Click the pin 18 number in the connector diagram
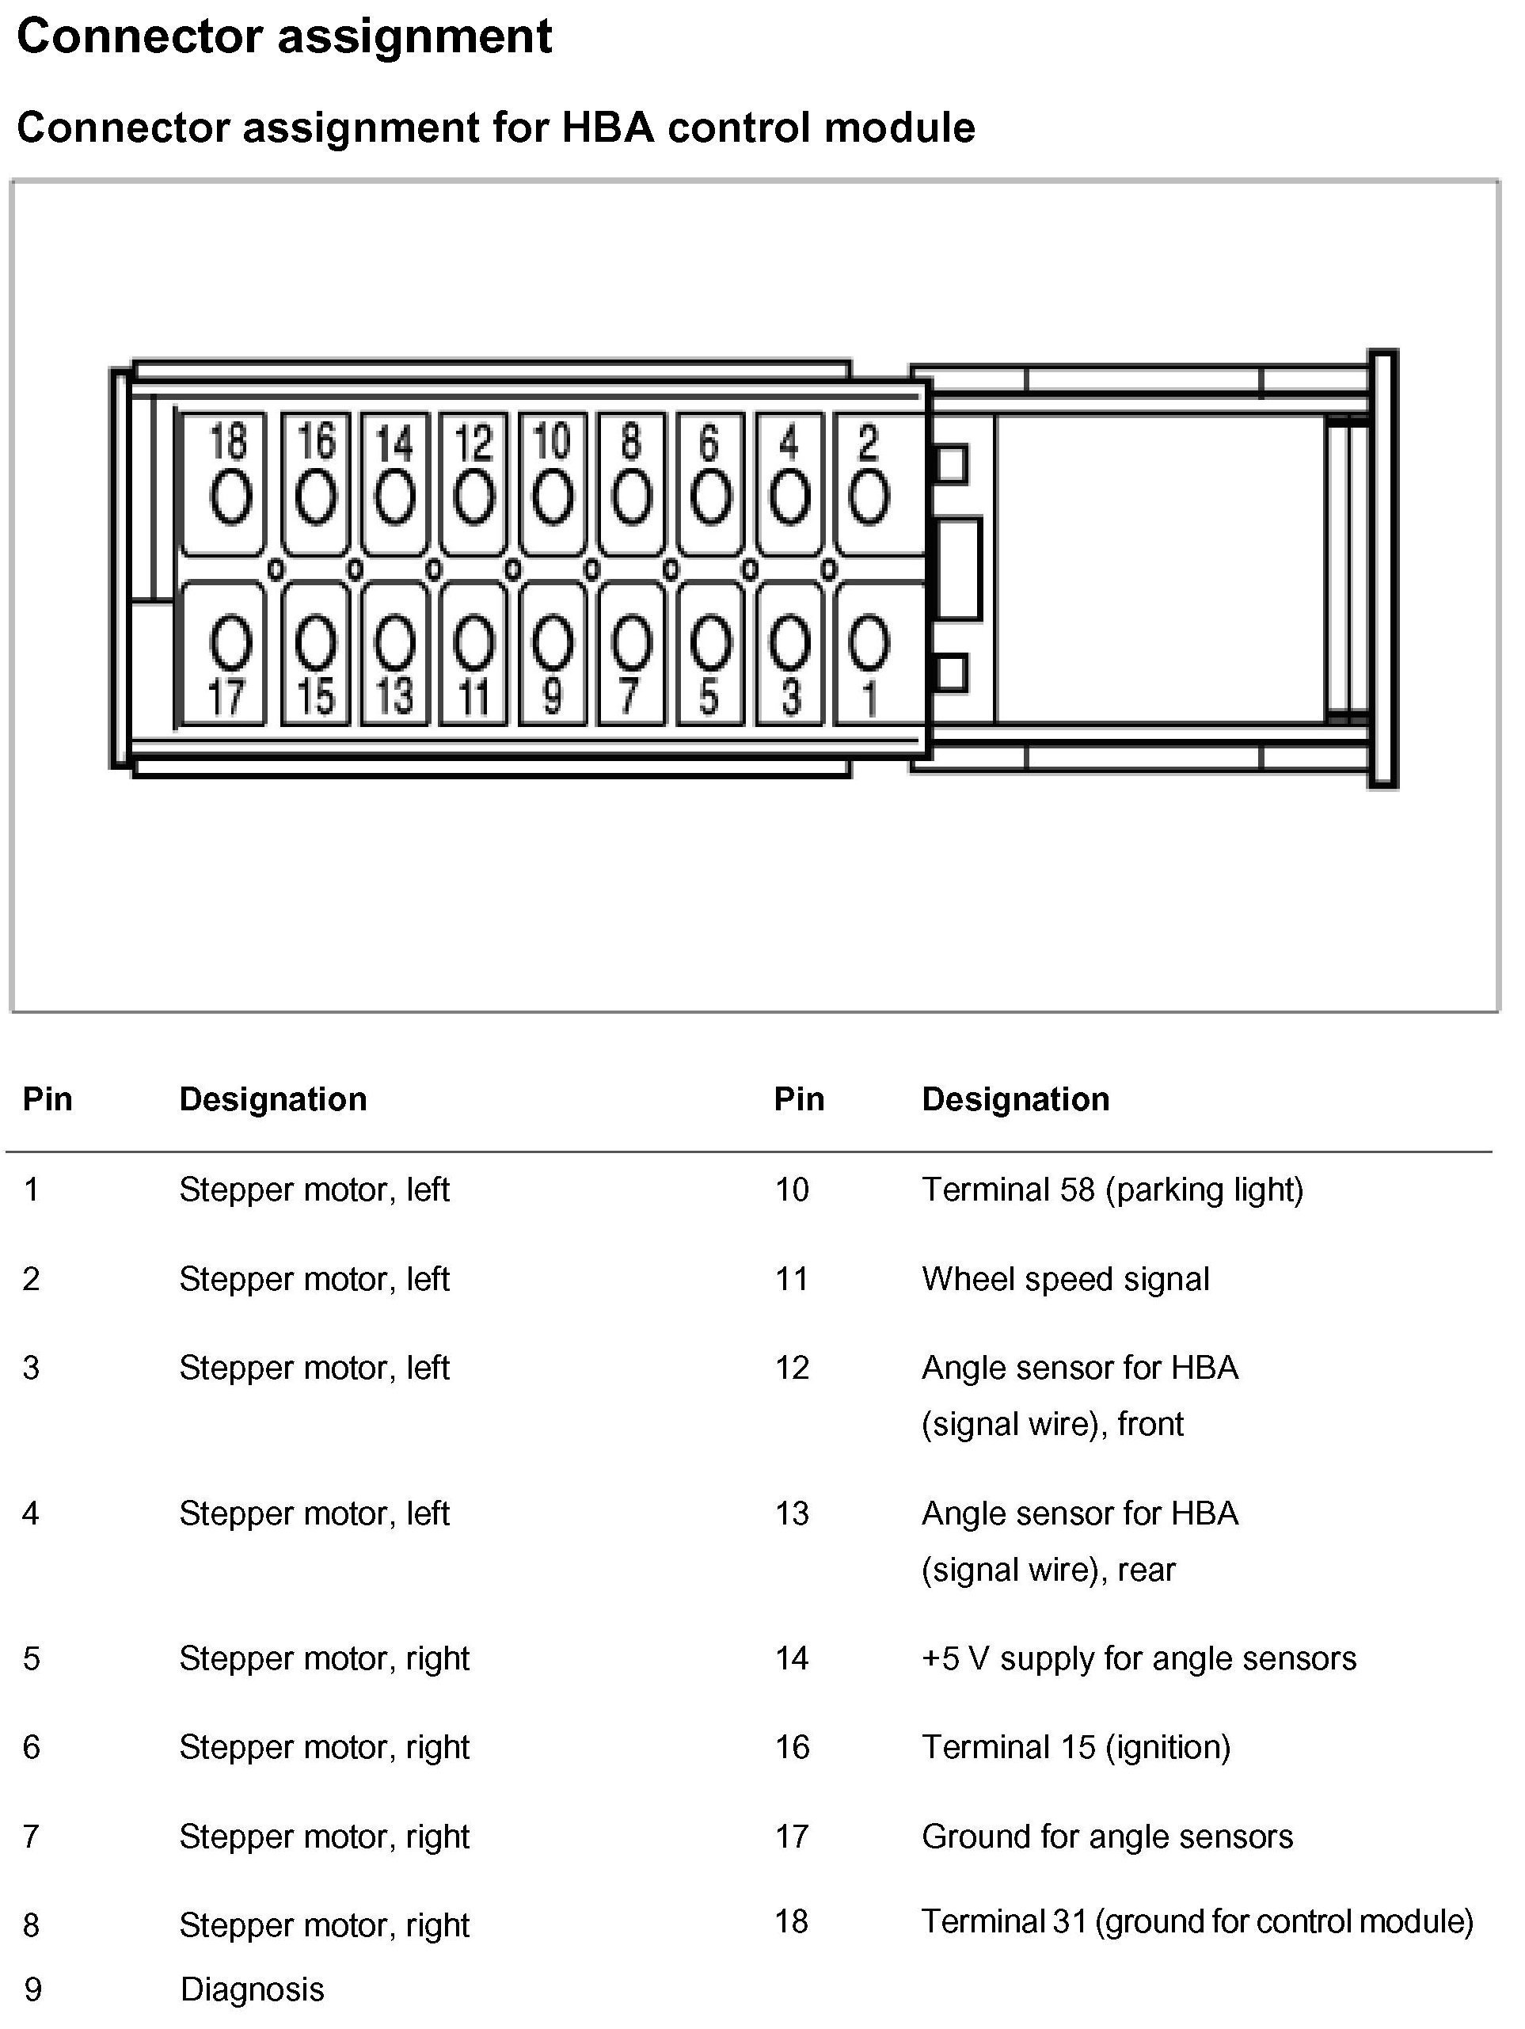(228, 440)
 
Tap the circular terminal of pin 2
(869, 498)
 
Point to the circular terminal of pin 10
(552, 498)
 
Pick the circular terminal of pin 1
(869, 642)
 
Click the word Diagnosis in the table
(252, 1989)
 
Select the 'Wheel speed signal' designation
(1065, 1279)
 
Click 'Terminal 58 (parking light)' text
(1112, 1190)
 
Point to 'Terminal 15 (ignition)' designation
(1076, 1747)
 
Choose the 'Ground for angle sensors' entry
(1107, 1837)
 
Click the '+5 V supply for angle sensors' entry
(1138, 1658)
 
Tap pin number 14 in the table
(791, 1658)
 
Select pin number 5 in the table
(31, 1658)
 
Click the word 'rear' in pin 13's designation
(1147, 1570)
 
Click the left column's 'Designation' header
(272, 1099)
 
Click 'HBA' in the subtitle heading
(607, 128)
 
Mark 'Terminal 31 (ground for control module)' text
(1196, 1921)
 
